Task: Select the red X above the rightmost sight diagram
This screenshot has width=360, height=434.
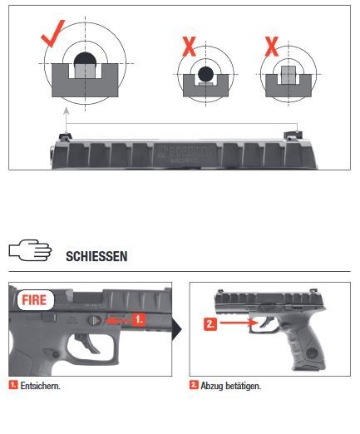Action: tap(271, 45)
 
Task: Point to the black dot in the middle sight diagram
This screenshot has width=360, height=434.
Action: tap(205, 76)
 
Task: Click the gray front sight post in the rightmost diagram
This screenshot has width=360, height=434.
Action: tap(287, 76)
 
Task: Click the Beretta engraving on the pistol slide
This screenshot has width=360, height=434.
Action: tap(175, 152)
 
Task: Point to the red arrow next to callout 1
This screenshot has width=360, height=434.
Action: tap(118, 318)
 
